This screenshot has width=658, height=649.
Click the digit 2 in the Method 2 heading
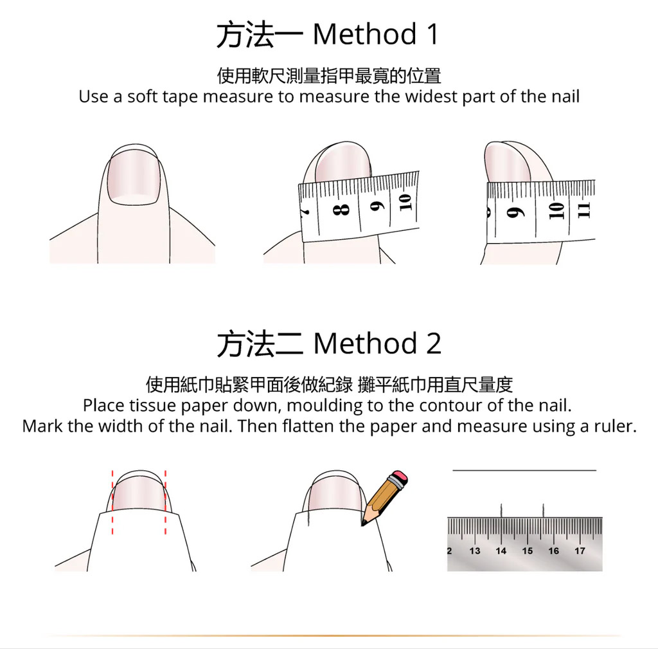coord(434,343)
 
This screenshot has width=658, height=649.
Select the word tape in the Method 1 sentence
coord(180,98)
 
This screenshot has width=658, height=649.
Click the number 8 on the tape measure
coord(341,209)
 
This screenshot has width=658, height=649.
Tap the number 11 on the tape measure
coord(583,210)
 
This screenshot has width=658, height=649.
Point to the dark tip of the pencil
coord(364,523)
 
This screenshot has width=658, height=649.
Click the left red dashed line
coord(112,502)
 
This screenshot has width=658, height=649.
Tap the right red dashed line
coord(165,502)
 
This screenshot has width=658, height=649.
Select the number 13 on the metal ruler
coord(475,551)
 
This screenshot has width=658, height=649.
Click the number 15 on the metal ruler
coord(528,551)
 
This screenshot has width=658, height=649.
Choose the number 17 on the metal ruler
coord(580,551)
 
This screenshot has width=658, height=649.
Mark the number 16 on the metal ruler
coord(553,551)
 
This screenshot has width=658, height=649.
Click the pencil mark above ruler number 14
coord(501,510)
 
